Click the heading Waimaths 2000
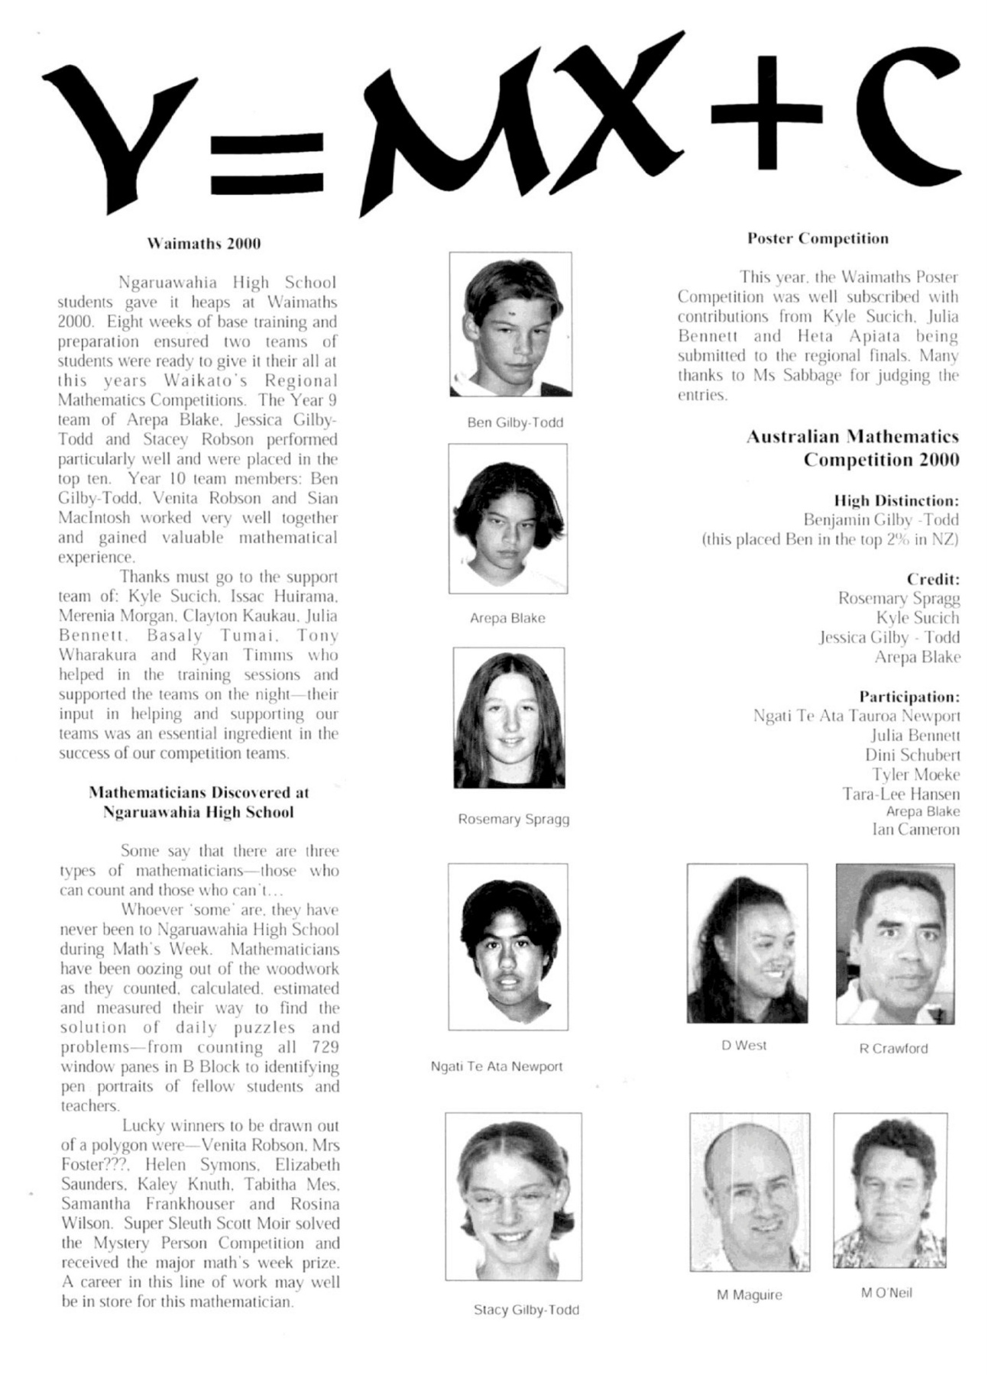(x=203, y=244)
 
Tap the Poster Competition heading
(x=818, y=238)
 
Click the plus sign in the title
(x=766, y=112)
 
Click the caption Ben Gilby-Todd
(x=515, y=422)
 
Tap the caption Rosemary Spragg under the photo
(x=513, y=819)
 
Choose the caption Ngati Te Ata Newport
(x=497, y=1066)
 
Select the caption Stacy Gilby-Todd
(x=526, y=1310)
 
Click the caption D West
(x=744, y=1045)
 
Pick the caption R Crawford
(x=893, y=1049)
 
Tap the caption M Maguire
(x=749, y=1296)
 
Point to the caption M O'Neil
(x=886, y=1292)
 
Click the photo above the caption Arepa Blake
(x=508, y=519)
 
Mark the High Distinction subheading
(x=896, y=501)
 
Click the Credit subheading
(x=933, y=579)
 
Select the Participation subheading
(x=909, y=697)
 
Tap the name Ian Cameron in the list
(x=915, y=830)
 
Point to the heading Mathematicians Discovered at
(x=199, y=792)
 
